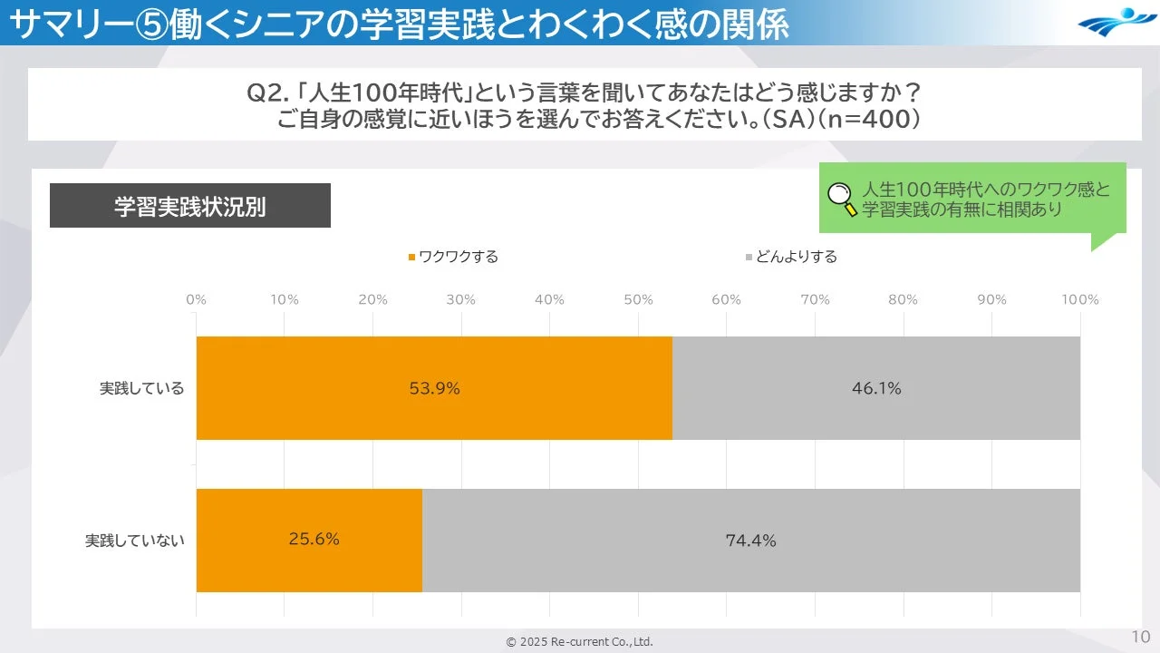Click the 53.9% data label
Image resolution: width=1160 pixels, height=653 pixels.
(x=434, y=388)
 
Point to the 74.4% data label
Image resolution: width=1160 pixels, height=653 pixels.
(x=750, y=541)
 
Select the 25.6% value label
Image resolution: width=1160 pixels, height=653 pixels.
(x=314, y=539)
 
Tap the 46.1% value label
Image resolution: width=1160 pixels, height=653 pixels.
(x=875, y=388)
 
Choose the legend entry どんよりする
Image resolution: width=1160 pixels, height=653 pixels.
(x=791, y=257)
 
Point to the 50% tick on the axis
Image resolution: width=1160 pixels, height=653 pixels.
(x=638, y=299)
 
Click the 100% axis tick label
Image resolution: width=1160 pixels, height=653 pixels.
(x=1079, y=299)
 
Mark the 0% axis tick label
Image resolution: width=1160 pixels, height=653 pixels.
(x=196, y=299)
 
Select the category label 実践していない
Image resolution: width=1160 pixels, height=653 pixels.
(x=134, y=541)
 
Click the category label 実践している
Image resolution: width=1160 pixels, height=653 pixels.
(x=141, y=388)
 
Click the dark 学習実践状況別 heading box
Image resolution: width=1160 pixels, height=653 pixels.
(x=189, y=206)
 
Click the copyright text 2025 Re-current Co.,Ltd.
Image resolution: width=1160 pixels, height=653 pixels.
(x=579, y=641)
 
